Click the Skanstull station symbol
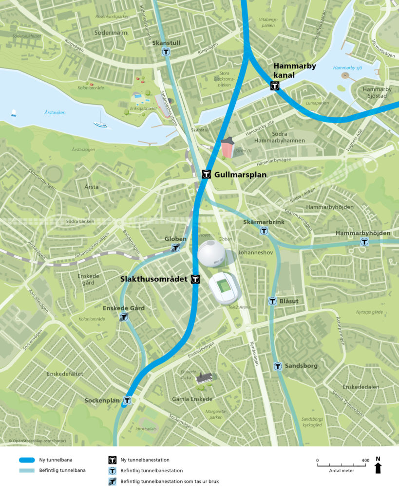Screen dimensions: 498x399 tap(166, 51)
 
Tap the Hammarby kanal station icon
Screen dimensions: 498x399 tap(275, 86)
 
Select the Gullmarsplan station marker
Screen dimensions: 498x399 tap(207, 174)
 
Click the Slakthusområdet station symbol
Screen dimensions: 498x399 tap(195, 279)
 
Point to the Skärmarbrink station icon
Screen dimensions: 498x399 tap(264, 231)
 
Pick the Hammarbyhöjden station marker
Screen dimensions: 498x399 tap(363, 242)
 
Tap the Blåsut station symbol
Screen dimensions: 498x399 tap(272, 301)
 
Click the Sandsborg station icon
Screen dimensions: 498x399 tap(278, 366)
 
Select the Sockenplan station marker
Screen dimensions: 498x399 tap(127, 401)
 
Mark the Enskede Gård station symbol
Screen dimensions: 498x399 tap(124, 317)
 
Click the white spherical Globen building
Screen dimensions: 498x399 tap(211, 253)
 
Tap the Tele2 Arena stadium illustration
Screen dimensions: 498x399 tap(225, 288)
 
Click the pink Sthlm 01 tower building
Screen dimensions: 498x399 tap(227, 148)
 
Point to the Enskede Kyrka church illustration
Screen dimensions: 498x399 tap(204, 378)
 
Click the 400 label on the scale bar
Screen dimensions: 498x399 tap(365, 460)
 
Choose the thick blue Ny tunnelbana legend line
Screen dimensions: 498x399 tap(34, 460)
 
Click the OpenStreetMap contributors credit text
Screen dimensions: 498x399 tap(37, 441)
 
